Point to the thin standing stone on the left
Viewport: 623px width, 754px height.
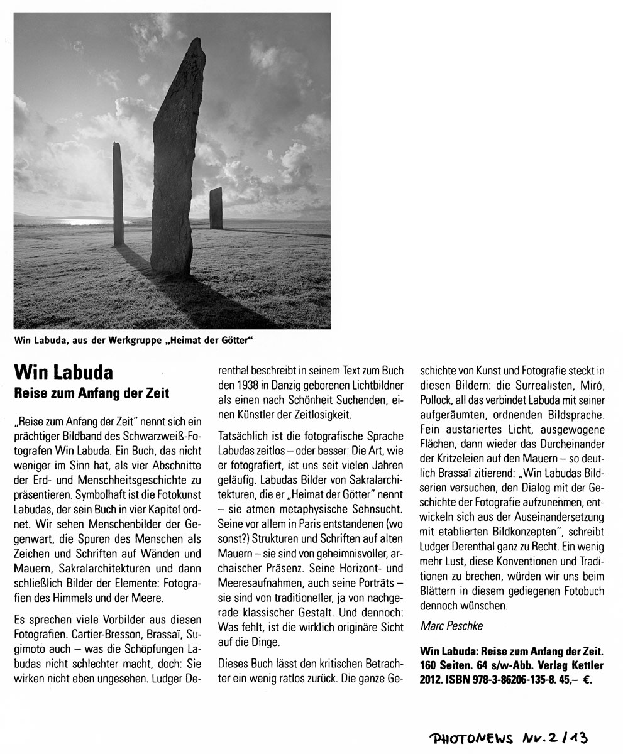pyautogui.click(x=118, y=195)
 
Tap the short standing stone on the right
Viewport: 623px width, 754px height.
pyautogui.click(x=216, y=208)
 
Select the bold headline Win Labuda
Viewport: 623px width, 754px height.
pyautogui.click(x=63, y=373)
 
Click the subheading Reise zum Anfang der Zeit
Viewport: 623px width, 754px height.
pyautogui.click(x=92, y=394)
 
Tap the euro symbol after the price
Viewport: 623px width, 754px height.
pyautogui.click(x=587, y=679)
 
